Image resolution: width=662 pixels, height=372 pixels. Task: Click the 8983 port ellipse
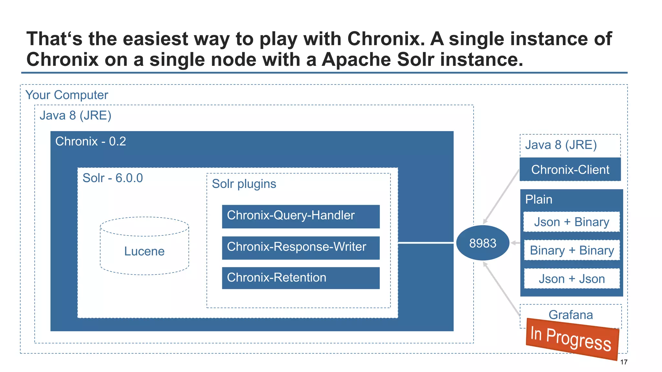pyautogui.click(x=483, y=243)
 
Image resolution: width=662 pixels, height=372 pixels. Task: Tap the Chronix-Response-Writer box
pyautogui.click(x=301, y=248)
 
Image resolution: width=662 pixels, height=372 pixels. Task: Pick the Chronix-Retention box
pyautogui.click(x=301, y=278)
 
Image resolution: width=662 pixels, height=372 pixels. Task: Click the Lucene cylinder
pyautogui.click(x=144, y=251)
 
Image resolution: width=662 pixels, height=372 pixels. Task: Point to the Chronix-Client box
pyautogui.click(x=570, y=170)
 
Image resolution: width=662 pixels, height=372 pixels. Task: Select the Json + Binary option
pyautogui.click(x=571, y=222)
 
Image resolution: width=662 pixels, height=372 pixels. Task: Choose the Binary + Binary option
pyautogui.click(x=571, y=250)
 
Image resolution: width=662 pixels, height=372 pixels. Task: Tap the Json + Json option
pyautogui.click(x=571, y=279)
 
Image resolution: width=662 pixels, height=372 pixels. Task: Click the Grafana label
pyautogui.click(x=571, y=315)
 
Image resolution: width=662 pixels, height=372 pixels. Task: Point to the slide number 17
pyautogui.click(x=624, y=362)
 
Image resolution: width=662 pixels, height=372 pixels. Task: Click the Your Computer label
pyautogui.click(x=67, y=95)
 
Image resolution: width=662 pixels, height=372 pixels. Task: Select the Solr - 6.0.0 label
pyautogui.click(x=112, y=178)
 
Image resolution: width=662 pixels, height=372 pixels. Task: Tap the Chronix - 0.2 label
pyautogui.click(x=91, y=141)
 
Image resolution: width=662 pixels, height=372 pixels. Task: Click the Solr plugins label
pyautogui.click(x=244, y=184)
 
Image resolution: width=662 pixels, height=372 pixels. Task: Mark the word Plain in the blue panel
pyautogui.click(x=539, y=199)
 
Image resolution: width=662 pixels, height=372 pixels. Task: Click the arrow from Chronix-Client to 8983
pyautogui.click(x=501, y=197)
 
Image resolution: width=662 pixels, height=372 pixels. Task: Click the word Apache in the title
pyautogui.click(x=356, y=60)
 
